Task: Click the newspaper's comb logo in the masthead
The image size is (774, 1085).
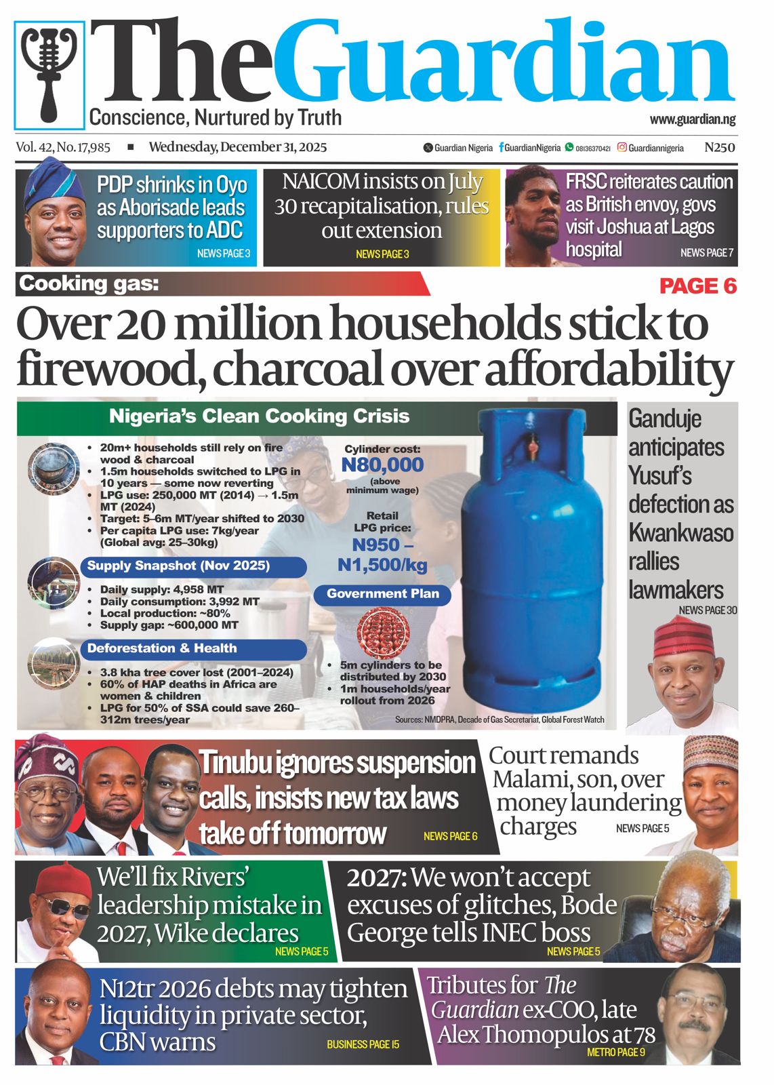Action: pos(49,75)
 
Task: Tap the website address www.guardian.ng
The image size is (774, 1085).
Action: pos(692,119)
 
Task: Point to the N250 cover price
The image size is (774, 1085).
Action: pos(719,147)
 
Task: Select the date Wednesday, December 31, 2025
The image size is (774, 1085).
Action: pos(238,147)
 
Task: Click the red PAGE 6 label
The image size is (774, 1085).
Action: pos(697,286)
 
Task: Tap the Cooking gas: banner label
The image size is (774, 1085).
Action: pos(89,283)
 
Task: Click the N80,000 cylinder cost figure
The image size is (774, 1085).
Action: pos(382,465)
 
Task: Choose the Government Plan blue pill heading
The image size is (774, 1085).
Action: pos(382,594)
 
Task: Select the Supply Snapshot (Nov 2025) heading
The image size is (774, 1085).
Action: pos(178,566)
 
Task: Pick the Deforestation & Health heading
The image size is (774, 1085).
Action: pos(162,648)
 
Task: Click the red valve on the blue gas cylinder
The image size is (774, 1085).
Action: pos(533,446)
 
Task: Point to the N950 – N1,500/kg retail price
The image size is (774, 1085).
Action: pos(382,555)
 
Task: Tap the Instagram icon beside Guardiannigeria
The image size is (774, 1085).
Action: pos(622,147)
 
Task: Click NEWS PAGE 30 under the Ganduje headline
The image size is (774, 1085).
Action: pos(708,610)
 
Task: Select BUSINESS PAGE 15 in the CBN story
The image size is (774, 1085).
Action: pos(363,1044)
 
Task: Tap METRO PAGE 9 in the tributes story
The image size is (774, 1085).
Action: pos(615,1052)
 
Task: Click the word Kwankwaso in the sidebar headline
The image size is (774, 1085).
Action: pos(680,533)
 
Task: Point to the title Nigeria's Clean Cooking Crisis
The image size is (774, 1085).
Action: pos(259,416)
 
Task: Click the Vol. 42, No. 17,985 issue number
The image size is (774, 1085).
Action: pos(63,147)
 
